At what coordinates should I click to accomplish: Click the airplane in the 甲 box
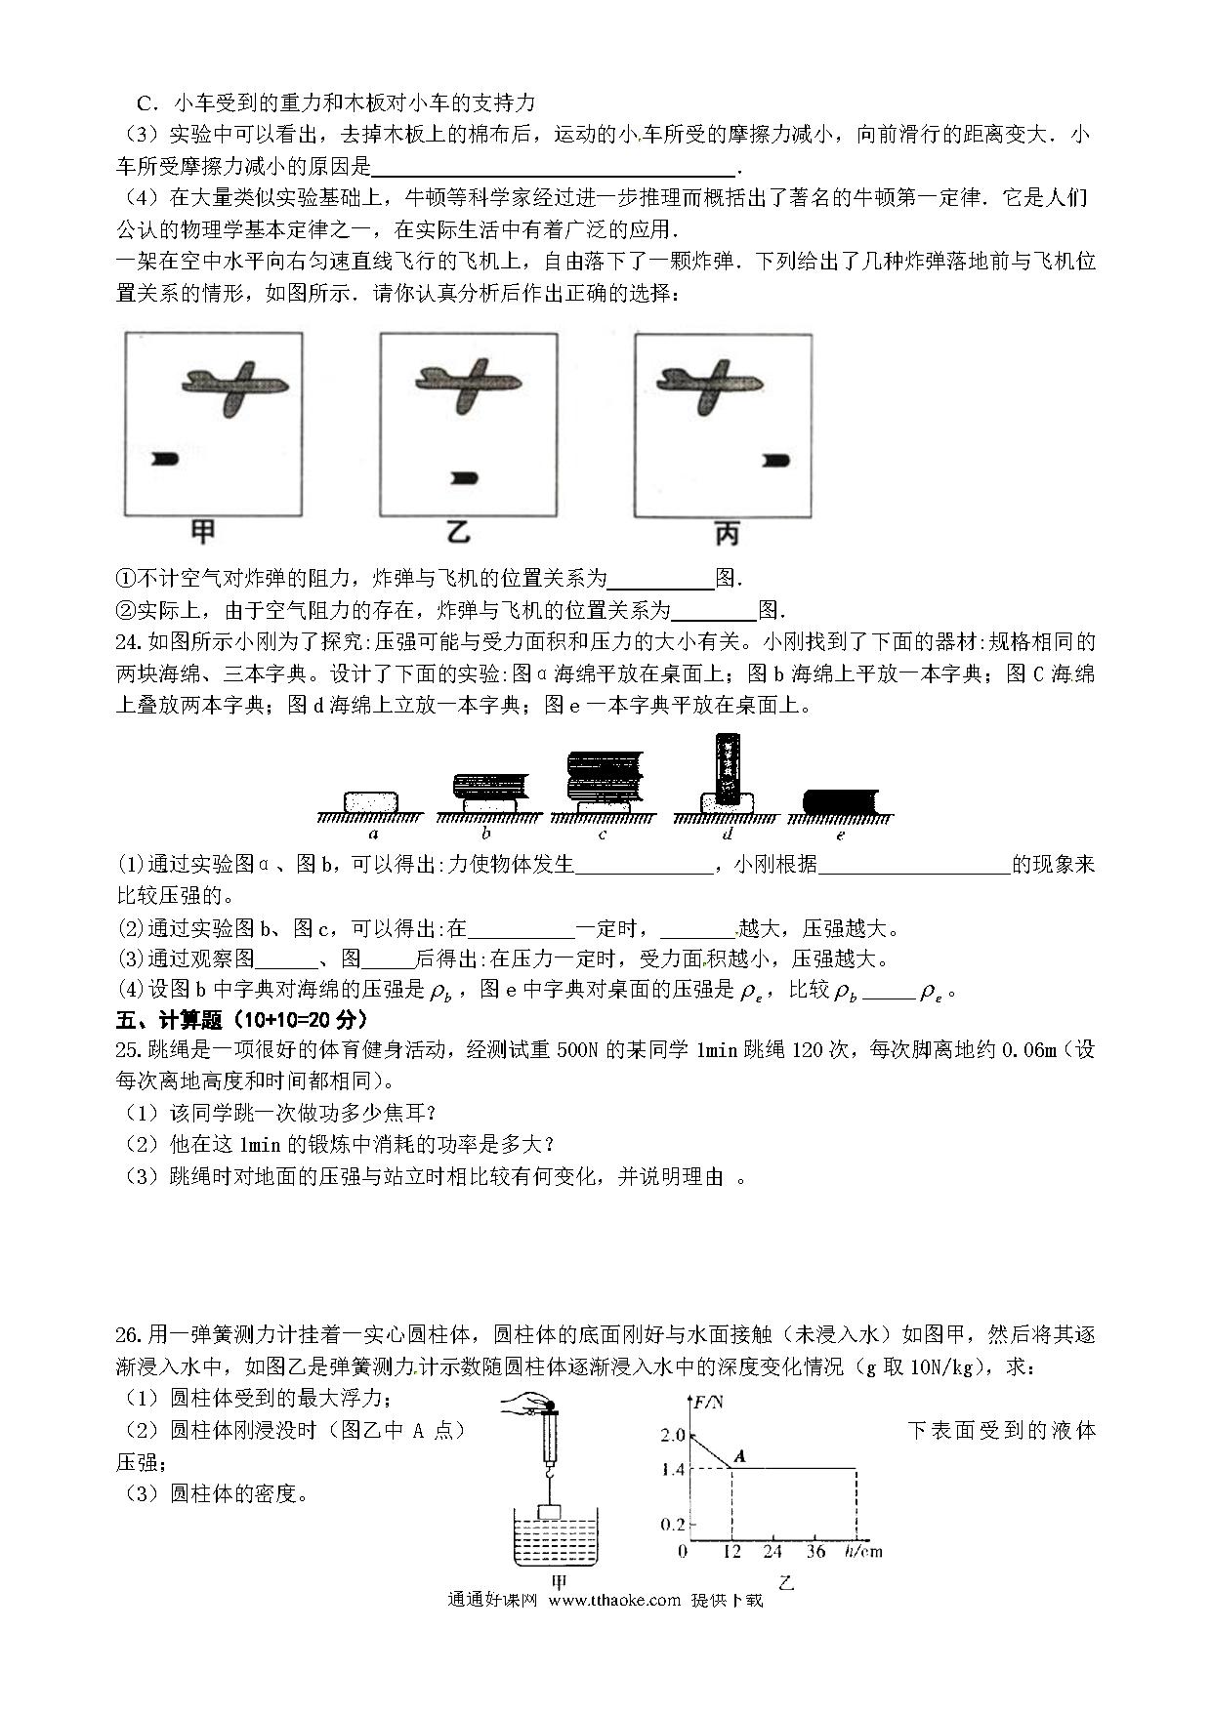coord(234,385)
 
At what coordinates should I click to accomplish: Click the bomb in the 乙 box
coord(464,478)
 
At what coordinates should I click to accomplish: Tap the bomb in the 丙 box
coord(777,461)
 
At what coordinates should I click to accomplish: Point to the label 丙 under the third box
coord(727,533)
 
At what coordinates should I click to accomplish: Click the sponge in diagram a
coord(372,801)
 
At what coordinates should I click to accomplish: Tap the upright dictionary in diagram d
coord(728,768)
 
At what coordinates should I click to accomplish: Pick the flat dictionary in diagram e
coord(841,801)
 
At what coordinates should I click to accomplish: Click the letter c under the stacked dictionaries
coord(602,835)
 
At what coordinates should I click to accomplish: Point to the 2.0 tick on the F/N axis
coord(673,1436)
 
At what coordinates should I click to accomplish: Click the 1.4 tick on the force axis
coord(673,1468)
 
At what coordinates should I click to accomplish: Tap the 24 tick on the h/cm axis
coord(772,1552)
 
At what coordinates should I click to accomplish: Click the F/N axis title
coord(708,1404)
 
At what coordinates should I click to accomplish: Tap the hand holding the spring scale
coord(522,1406)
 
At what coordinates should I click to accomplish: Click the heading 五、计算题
coord(181,1020)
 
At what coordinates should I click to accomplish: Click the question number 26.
coord(129,1335)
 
